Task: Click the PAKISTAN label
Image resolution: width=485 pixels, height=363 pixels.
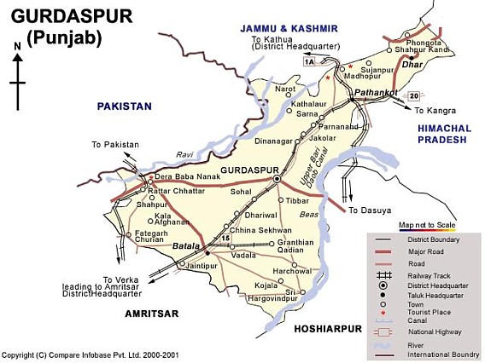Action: point(124,107)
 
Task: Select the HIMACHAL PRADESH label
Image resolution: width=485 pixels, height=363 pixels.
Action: point(442,133)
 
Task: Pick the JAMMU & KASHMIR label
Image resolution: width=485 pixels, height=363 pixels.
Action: point(289,28)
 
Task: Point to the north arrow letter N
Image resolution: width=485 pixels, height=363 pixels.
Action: point(17,46)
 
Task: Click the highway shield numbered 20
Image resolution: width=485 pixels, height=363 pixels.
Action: point(414,95)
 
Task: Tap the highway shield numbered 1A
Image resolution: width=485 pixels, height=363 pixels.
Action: point(308,61)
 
